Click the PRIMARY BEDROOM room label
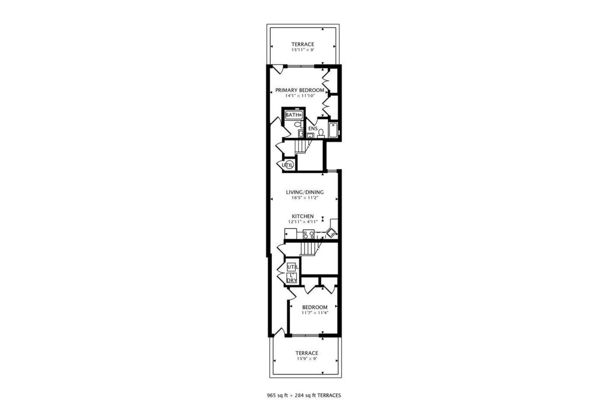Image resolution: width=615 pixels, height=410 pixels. click(300, 90)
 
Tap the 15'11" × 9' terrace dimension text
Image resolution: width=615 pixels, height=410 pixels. click(302, 50)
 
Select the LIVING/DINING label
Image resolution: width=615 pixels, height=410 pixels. click(305, 192)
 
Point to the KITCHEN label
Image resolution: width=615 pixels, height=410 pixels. click(303, 216)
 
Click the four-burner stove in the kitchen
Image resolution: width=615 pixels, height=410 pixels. click(309, 234)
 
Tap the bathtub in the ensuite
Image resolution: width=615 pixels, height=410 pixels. click(333, 130)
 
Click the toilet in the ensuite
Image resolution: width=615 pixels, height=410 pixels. click(321, 133)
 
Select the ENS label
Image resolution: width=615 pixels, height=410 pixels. click(313, 128)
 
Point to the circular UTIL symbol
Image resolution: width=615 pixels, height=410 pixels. click(288, 165)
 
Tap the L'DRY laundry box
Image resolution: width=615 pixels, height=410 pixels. click(291, 278)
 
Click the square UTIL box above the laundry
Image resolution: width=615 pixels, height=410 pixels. click(292, 267)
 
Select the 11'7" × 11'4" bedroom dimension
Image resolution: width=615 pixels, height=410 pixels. click(315, 313)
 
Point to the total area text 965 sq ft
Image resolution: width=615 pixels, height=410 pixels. click(278, 396)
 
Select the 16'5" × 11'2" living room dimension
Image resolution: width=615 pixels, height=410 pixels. click(305, 198)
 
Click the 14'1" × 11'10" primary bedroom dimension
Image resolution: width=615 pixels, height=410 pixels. click(300, 96)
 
